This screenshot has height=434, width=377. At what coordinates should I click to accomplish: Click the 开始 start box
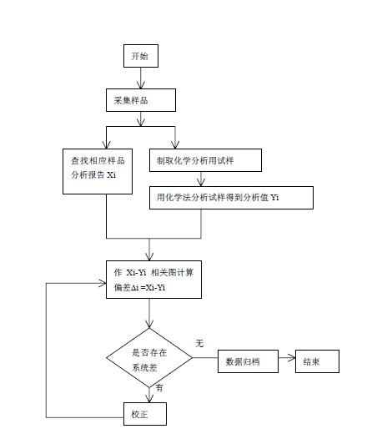(141, 56)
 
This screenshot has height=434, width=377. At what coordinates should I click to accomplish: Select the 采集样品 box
(141, 100)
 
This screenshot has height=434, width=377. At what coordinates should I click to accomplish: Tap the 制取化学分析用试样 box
(205, 160)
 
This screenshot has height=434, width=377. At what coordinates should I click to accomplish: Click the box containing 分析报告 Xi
(98, 171)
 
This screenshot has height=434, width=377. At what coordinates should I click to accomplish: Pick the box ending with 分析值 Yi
(231, 198)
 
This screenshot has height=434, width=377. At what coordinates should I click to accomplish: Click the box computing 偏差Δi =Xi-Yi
(153, 280)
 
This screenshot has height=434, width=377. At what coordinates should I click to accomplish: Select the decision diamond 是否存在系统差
(149, 358)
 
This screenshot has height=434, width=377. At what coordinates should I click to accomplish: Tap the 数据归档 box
(248, 361)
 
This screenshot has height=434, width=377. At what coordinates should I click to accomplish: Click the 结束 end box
(317, 361)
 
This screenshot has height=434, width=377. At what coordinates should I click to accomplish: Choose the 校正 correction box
(145, 414)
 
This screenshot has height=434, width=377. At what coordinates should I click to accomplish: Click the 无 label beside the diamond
(199, 344)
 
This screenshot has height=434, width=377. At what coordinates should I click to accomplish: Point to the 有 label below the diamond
(159, 387)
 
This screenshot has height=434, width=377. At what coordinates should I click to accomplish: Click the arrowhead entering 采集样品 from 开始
(141, 85)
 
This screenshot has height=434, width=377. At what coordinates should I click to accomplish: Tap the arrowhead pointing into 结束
(291, 358)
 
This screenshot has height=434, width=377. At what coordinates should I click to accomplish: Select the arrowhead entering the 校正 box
(149, 399)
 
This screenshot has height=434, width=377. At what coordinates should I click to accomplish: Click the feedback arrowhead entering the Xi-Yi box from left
(103, 283)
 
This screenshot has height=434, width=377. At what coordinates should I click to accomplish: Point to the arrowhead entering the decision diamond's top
(149, 325)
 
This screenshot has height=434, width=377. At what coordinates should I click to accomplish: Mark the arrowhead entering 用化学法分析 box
(201, 183)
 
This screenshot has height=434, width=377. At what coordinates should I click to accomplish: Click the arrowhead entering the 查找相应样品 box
(106, 145)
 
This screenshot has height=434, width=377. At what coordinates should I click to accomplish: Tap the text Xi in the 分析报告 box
(112, 175)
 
